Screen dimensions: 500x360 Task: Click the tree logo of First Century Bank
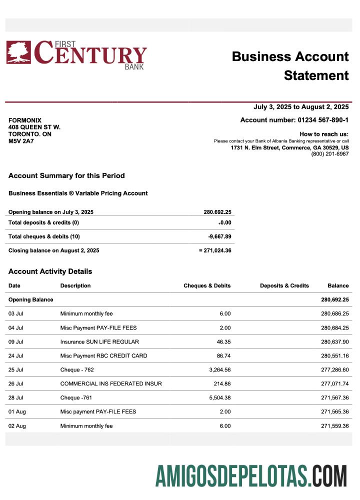pyautogui.click(x=18, y=52)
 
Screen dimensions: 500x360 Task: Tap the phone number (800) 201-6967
pyautogui.click(x=330, y=154)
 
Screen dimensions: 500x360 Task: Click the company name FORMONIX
pyautogui.click(x=25, y=120)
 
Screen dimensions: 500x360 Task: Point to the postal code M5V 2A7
pyautogui.click(x=21, y=141)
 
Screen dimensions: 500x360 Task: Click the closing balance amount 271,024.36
pyautogui.click(x=216, y=250)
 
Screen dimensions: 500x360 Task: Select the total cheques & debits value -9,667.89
pyautogui.click(x=219, y=236)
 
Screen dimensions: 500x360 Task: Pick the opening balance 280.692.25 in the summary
pyautogui.click(x=217, y=212)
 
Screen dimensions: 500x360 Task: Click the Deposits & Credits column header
pyautogui.click(x=284, y=285)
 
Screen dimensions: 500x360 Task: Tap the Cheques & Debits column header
pyautogui.click(x=207, y=285)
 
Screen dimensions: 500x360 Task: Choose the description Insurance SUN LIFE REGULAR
pyautogui.click(x=99, y=341)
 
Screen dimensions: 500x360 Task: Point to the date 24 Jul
pyautogui.click(x=16, y=355)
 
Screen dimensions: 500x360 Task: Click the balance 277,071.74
pyautogui.click(x=334, y=383)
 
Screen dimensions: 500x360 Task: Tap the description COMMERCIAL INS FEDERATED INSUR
pyautogui.click(x=111, y=383)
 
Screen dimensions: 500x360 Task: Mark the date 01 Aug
pyautogui.click(x=17, y=411)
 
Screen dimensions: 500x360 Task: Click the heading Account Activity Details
pyautogui.click(x=50, y=271)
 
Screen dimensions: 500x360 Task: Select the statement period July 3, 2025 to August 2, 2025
pyautogui.click(x=301, y=107)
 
